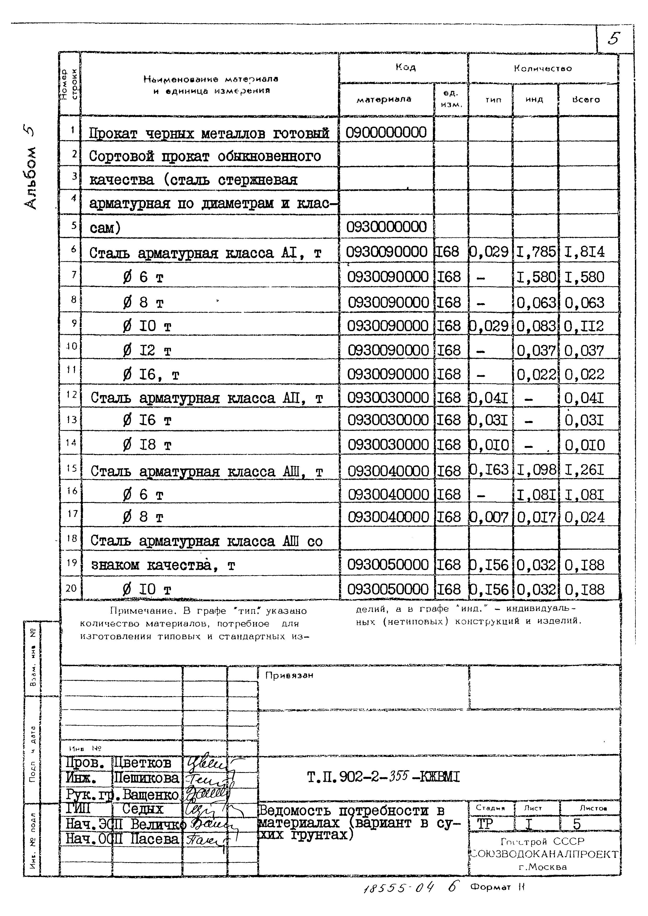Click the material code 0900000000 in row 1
tap(386, 132)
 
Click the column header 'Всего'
tap(586, 100)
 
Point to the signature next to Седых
tap(204, 809)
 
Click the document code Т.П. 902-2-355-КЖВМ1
tap(383, 777)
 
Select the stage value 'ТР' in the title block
tap(485, 824)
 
